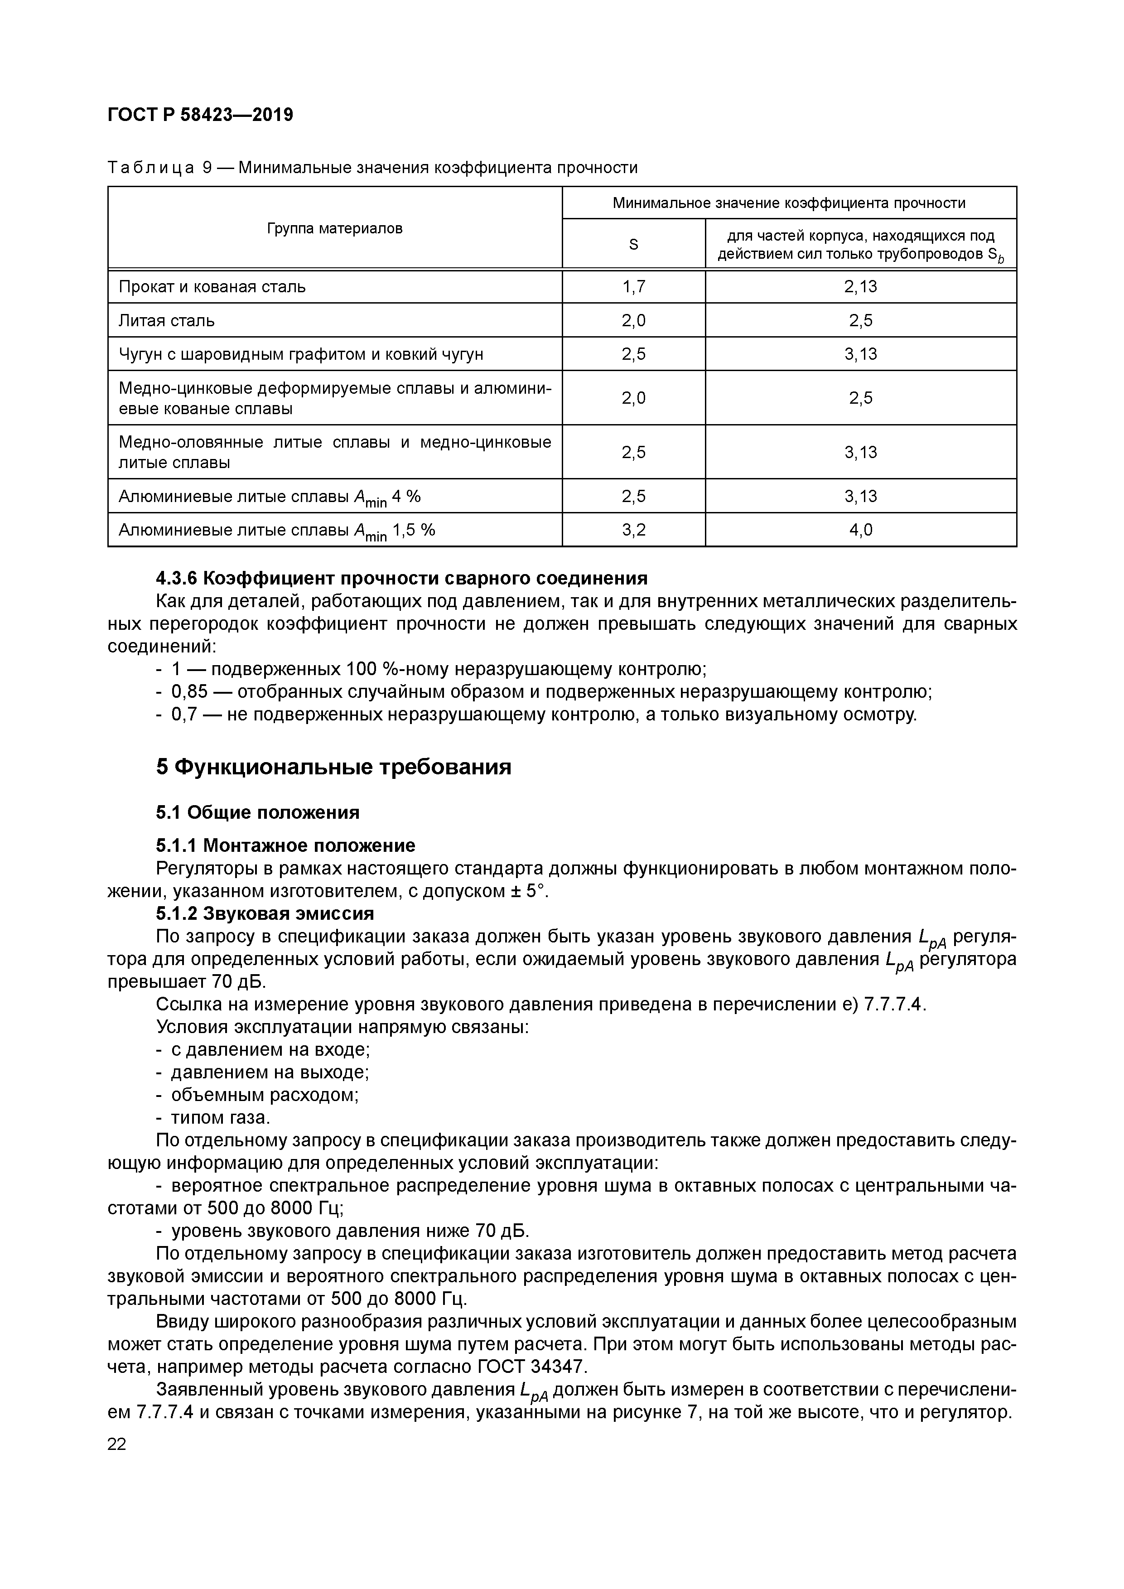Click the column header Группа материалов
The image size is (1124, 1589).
(x=334, y=228)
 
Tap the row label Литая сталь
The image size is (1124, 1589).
(x=167, y=320)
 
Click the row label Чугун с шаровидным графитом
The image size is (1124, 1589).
(x=301, y=354)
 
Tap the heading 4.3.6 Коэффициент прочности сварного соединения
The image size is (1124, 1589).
(x=401, y=578)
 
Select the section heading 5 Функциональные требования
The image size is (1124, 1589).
(x=333, y=767)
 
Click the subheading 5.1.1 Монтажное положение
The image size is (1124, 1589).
(x=285, y=845)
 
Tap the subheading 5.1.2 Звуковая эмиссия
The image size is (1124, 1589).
(x=265, y=913)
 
